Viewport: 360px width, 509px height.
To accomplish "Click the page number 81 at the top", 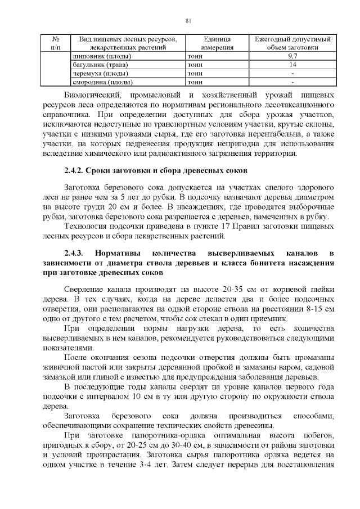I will (x=188, y=21).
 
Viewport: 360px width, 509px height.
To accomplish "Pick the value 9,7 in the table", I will (x=292, y=57).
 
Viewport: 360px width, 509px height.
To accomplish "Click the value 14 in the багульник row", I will (x=292, y=65).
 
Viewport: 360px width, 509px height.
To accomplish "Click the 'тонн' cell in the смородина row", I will (x=195, y=82).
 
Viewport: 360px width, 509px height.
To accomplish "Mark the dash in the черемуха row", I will (x=292, y=74).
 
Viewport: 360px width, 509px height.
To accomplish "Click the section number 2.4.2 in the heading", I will (x=75, y=170).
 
